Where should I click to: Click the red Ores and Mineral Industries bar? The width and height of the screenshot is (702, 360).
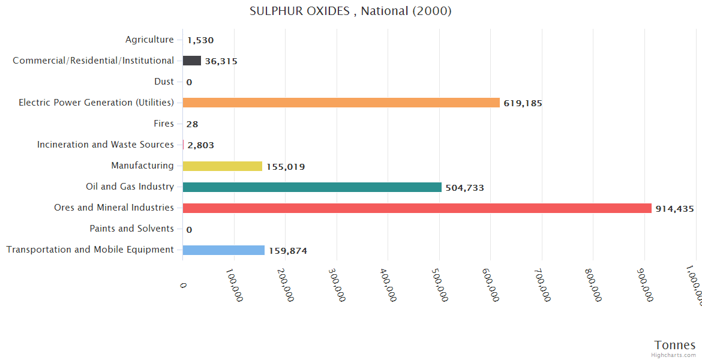pos(417,208)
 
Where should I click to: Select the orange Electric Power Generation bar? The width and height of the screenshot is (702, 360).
pos(341,103)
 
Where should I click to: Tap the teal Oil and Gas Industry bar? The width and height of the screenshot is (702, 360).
pos(312,187)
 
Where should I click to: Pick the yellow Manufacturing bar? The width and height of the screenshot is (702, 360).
pos(222,166)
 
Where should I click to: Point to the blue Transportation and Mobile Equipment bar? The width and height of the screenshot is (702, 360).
pos(223,250)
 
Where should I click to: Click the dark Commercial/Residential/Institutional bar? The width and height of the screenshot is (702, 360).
pos(191,61)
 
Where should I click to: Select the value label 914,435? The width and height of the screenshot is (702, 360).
pos(674,209)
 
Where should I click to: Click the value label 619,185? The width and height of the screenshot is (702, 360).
pos(523,103)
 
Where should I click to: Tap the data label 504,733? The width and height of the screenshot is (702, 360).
pos(464,188)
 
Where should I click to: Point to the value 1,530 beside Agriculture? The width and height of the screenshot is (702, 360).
pos(200,40)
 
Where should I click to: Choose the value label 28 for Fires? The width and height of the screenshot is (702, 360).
pos(192,124)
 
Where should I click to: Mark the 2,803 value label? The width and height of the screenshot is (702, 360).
pos(200,145)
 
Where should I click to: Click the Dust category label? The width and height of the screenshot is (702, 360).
pos(164,82)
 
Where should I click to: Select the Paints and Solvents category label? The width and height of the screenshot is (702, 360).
pos(131,229)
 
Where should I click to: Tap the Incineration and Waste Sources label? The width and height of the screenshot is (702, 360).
pos(106,145)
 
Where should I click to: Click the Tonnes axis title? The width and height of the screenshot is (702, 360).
pos(674,345)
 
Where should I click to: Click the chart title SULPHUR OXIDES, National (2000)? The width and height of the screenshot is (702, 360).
pos(350,11)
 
